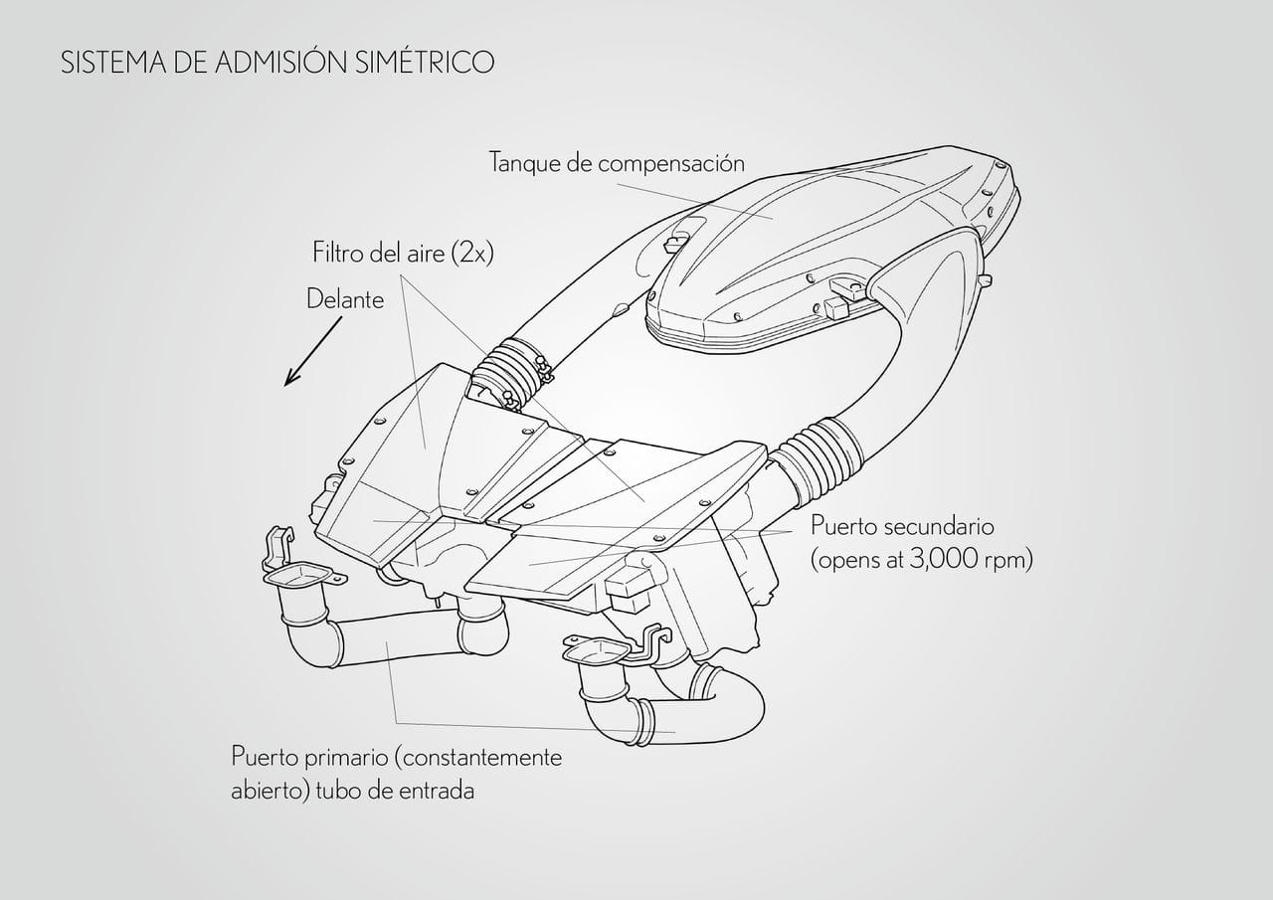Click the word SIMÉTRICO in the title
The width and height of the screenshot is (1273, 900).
(x=425, y=62)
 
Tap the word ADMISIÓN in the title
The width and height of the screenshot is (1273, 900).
(x=280, y=62)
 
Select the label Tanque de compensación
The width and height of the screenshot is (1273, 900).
(x=617, y=164)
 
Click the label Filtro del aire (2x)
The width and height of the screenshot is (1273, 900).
(x=403, y=253)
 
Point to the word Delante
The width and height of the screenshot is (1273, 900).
(x=345, y=299)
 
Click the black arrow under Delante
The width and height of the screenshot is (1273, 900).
(x=313, y=351)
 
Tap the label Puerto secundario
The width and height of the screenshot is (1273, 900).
(x=902, y=527)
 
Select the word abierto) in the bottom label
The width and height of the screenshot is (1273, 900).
(x=270, y=791)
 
